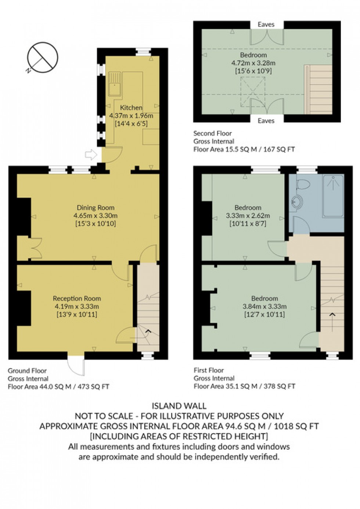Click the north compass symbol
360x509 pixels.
click(x=42, y=58)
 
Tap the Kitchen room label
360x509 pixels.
click(x=131, y=108)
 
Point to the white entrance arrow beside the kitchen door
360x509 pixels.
click(x=90, y=155)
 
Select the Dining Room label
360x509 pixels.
click(x=96, y=207)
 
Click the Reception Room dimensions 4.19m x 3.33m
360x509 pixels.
click(x=77, y=306)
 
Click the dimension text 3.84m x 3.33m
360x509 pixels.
click(x=264, y=306)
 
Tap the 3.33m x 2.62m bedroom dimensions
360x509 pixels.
click(x=248, y=216)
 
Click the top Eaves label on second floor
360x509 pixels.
click(x=266, y=25)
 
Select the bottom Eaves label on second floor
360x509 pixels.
click(x=266, y=120)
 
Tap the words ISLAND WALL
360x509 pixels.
click(x=179, y=406)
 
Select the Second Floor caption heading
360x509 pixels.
click(x=213, y=133)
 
